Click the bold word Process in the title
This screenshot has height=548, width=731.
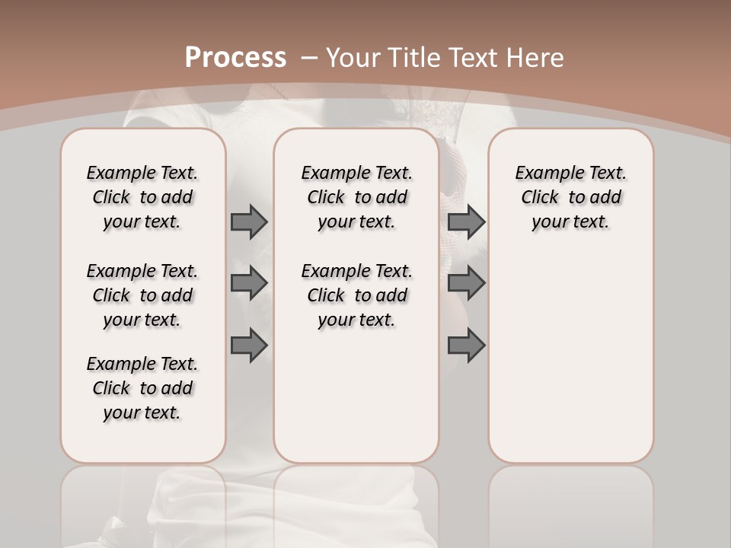[x=235, y=57]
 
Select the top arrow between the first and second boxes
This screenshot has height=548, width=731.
[x=249, y=221]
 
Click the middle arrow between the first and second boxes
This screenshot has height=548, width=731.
[x=249, y=283]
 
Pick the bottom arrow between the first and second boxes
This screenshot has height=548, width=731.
[x=249, y=346]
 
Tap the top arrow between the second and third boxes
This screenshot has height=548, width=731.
[x=466, y=221]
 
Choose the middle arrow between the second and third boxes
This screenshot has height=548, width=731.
[x=466, y=283]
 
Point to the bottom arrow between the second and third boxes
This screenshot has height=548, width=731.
[x=466, y=346]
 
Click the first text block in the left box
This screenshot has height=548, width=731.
[x=142, y=197]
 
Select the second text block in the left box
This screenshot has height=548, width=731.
[x=142, y=295]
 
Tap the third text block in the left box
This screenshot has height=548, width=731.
[x=142, y=388]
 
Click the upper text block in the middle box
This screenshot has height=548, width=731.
[x=356, y=197]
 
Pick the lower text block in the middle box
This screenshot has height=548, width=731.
[x=356, y=295]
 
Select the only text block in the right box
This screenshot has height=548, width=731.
[x=570, y=197]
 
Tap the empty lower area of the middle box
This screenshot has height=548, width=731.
[x=356, y=396]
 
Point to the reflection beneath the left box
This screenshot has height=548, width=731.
[x=143, y=502]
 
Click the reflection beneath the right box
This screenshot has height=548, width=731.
[x=570, y=502]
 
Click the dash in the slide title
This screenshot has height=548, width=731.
[x=308, y=57]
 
